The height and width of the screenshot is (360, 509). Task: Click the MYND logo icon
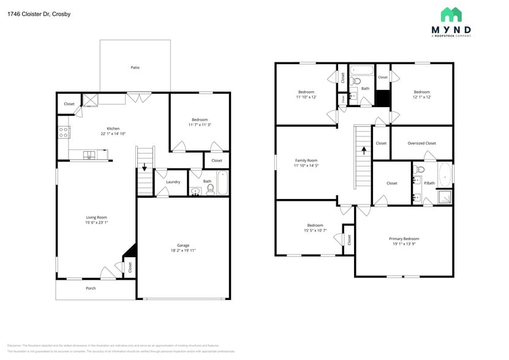click(x=451, y=15)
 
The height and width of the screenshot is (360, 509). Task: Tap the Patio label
click(x=135, y=67)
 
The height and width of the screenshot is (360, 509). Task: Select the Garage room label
click(x=183, y=245)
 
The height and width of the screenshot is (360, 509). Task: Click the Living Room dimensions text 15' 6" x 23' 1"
click(x=96, y=222)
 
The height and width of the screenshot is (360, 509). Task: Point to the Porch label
click(x=91, y=288)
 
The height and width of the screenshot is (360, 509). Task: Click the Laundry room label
click(x=173, y=181)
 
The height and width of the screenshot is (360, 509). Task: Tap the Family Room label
click(x=306, y=160)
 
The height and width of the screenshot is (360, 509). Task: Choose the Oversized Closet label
click(x=421, y=143)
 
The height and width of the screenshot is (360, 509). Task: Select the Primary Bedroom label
click(x=404, y=238)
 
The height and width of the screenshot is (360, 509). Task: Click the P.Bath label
click(x=430, y=182)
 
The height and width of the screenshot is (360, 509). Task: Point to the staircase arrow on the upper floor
click(x=364, y=148)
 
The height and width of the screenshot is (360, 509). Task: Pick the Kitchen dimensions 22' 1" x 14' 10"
click(x=113, y=133)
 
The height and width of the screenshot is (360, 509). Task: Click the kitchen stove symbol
click(x=63, y=132)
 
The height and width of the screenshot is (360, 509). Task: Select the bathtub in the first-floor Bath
click(x=223, y=183)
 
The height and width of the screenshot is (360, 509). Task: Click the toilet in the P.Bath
click(x=420, y=170)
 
